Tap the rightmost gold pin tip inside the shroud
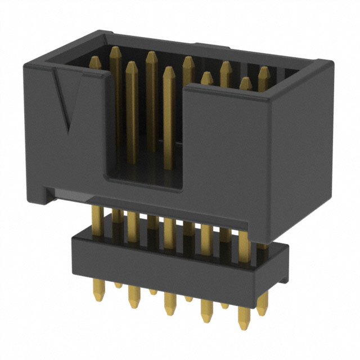pyautogui.click(x=264, y=71)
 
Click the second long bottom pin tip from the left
pyautogui.click(x=133, y=301)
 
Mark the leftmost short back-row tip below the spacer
pyautogui.click(x=118, y=285)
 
